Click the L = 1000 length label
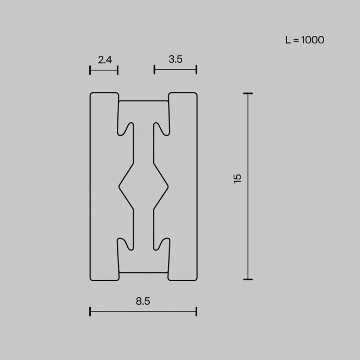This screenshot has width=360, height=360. click(305, 40)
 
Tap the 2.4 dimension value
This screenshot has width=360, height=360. click(105, 60)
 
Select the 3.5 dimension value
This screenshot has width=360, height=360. click(175, 59)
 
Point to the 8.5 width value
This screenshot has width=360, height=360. click(143, 301)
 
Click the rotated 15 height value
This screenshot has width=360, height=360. click(237, 178)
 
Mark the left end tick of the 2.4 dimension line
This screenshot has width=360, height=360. click(90, 70)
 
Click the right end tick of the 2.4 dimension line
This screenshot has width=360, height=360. click(117, 70)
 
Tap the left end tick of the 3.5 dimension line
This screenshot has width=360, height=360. click(154, 69)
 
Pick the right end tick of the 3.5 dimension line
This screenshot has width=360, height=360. click(197, 69)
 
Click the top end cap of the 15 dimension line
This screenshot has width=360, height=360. click(248, 93)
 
